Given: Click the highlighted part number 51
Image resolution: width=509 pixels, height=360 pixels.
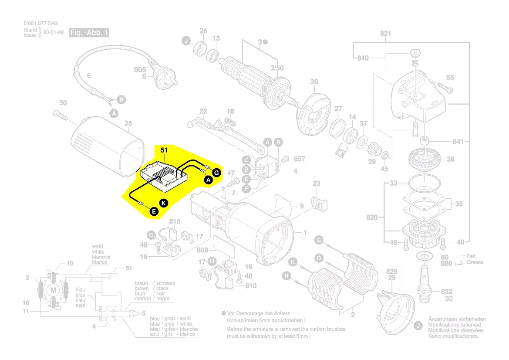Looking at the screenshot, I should (x=164, y=150).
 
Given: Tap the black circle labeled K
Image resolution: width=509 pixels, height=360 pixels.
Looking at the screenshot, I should (x=163, y=203).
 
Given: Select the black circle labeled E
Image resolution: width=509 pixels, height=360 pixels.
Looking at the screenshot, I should (x=153, y=212).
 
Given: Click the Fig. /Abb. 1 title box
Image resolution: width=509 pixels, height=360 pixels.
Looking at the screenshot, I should (x=89, y=33).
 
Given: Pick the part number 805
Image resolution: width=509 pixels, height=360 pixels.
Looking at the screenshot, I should (x=140, y=70).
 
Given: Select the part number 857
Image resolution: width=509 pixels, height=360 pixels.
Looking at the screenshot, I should (x=300, y=159).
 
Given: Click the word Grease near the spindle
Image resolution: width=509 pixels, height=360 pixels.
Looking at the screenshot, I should (x=475, y=262).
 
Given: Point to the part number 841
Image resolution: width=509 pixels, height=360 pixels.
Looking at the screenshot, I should (x=458, y=142).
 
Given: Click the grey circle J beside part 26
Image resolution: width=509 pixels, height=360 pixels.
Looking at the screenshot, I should (x=186, y=41).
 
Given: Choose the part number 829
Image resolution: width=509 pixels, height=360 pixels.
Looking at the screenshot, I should (x=391, y=272).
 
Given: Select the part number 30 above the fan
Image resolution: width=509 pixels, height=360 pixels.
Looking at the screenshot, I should (x=314, y=82).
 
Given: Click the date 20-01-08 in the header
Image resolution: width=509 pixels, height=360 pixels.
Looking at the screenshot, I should (x=54, y=32).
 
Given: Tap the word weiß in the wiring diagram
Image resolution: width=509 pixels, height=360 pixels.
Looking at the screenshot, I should (x=98, y=247).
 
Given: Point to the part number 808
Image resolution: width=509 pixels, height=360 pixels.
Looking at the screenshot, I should (x=202, y=251).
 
